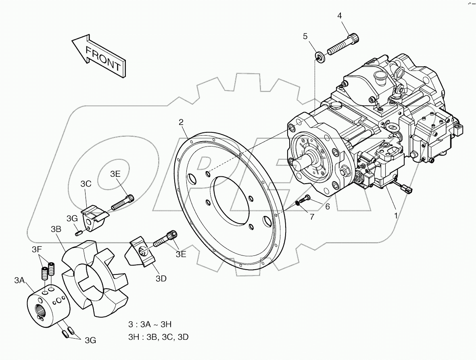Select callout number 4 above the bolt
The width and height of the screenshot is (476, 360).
tap(339, 16)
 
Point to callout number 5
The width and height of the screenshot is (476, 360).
tap(305, 36)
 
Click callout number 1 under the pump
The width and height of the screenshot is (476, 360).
tap(396, 216)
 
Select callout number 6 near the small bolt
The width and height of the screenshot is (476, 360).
tap(327, 206)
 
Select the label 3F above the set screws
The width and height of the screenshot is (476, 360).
tap(37, 249)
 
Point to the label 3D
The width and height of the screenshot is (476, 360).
tap(161, 278)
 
